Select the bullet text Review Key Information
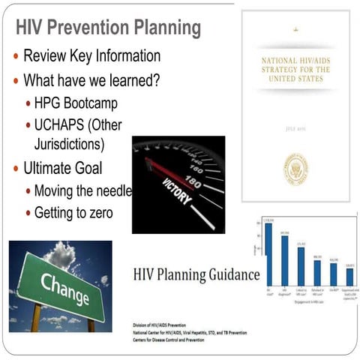point(91,55)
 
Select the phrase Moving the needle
point(82,190)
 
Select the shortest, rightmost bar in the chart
point(349,277)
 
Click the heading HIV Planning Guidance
point(196,274)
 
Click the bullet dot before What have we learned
point(15,79)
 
